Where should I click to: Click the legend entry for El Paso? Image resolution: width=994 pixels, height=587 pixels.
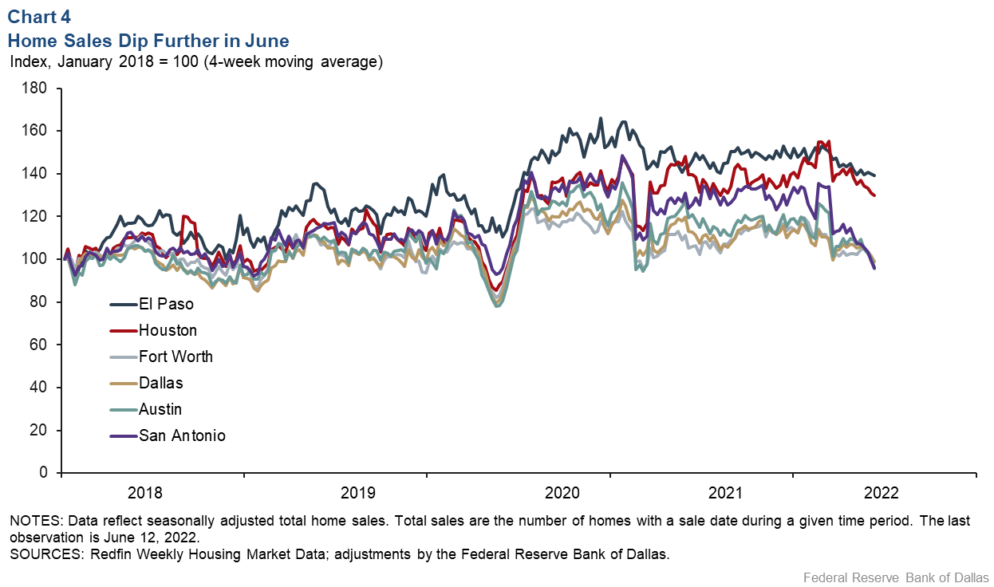tap(166, 304)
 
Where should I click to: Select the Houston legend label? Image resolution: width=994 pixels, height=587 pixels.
tap(168, 330)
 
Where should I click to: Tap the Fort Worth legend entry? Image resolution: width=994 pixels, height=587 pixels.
tap(176, 357)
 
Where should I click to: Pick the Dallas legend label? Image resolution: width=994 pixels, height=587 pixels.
tap(160, 383)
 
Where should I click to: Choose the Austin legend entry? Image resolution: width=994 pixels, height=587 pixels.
tap(160, 409)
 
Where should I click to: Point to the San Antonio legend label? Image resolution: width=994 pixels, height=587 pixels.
tap(182, 435)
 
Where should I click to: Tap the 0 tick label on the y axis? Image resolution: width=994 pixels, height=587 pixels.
tap(45, 473)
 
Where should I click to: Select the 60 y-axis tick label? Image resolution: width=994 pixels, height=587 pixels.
tap(41, 345)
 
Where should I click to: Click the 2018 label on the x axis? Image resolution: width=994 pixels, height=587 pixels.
tap(152, 493)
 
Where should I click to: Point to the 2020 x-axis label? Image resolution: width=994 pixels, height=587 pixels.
tap(519, 493)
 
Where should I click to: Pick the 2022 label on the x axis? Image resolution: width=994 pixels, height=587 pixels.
tap(885, 493)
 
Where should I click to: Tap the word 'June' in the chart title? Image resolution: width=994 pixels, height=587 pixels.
tap(268, 40)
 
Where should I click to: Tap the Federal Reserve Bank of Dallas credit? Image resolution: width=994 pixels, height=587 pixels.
tap(896, 577)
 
